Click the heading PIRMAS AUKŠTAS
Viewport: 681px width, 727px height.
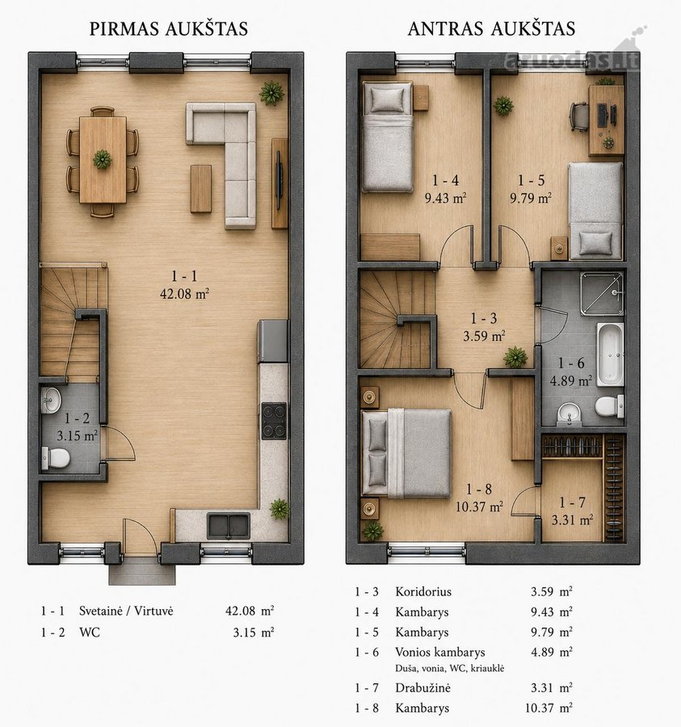click(169, 29)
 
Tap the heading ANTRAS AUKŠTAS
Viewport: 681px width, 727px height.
click(491, 29)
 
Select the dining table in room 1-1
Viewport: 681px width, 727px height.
click(103, 160)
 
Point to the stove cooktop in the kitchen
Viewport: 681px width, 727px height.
click(274, 421)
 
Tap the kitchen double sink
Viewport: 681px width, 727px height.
click(229, 526)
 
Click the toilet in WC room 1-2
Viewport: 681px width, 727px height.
click(56, 458)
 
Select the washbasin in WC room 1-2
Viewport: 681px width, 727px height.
click(51, 400)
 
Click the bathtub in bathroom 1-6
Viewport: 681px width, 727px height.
click(610, 355)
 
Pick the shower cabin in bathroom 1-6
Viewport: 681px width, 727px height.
click(602, 294)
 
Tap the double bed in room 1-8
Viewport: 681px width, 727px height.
click(406, 453)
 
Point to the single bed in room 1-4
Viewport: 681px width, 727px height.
click(388, 137)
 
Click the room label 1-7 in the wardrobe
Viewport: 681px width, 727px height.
click(572, 502)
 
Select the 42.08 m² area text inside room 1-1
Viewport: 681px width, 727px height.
click(184, 294)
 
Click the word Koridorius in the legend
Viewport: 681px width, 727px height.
click(423, 591)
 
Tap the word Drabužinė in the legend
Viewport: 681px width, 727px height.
click(422, 687)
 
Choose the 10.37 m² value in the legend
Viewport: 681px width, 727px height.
click(549, 708)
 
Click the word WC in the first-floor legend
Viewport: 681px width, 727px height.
click(90, 632)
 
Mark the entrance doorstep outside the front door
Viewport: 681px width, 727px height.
click(142, 574)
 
